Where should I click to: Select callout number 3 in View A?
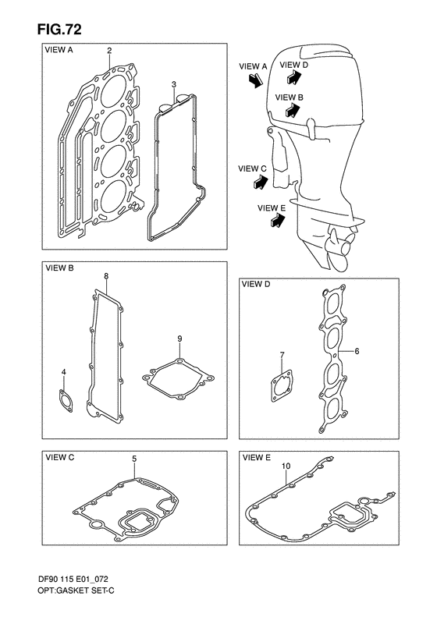174,83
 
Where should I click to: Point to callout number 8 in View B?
106,276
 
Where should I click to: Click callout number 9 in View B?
179,339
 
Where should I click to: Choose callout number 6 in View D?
356,352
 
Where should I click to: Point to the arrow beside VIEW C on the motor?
258,183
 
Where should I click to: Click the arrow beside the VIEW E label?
275,222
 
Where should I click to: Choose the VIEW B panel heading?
59,268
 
